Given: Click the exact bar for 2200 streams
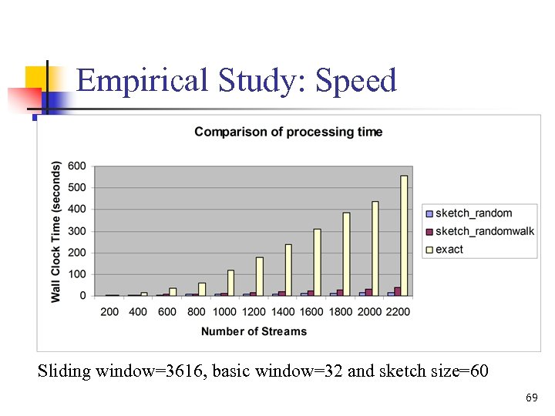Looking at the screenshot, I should pyautogui.click(x=404, y=236).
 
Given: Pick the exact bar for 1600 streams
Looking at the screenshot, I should pyautogui.click(x=317, y=262).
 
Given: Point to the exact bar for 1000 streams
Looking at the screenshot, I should pyautogui.click(x=230, y=283).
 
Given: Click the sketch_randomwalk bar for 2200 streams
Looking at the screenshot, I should pyautogui.click(x=398, y=291).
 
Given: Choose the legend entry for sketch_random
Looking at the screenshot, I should pyautogui.click(x=473, y=213).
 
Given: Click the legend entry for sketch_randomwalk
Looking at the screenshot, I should pyautogui.click(x=484, y=231).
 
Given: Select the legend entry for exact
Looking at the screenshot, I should pyautogui.click(x=449, y=249).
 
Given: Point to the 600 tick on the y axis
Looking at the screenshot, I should pyautogui.click(x=76, y=166).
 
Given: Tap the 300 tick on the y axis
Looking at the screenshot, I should pyautogui.click(x=76, y=231).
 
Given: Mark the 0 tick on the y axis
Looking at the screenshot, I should pyautogui.click(x=82, y=296).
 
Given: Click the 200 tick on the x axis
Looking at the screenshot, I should pyautogui.click(x=109, y=312).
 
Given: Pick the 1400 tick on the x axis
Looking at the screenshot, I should pyautogui.click(x=282, y=312).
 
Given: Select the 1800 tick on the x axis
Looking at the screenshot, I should pyautogui.click(x=340, y=312).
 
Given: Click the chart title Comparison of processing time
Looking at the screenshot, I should pyautogui.click(x=288, y=132).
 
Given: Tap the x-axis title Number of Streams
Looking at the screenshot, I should pyautogui.click(x=254, y=331).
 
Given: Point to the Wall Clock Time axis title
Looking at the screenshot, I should pyautogui.click(x=56, y=231).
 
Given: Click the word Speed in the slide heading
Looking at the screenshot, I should pyautogui.click(x=356, y=80).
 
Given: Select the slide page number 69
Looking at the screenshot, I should pyautogui.click(x=531, y=398).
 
